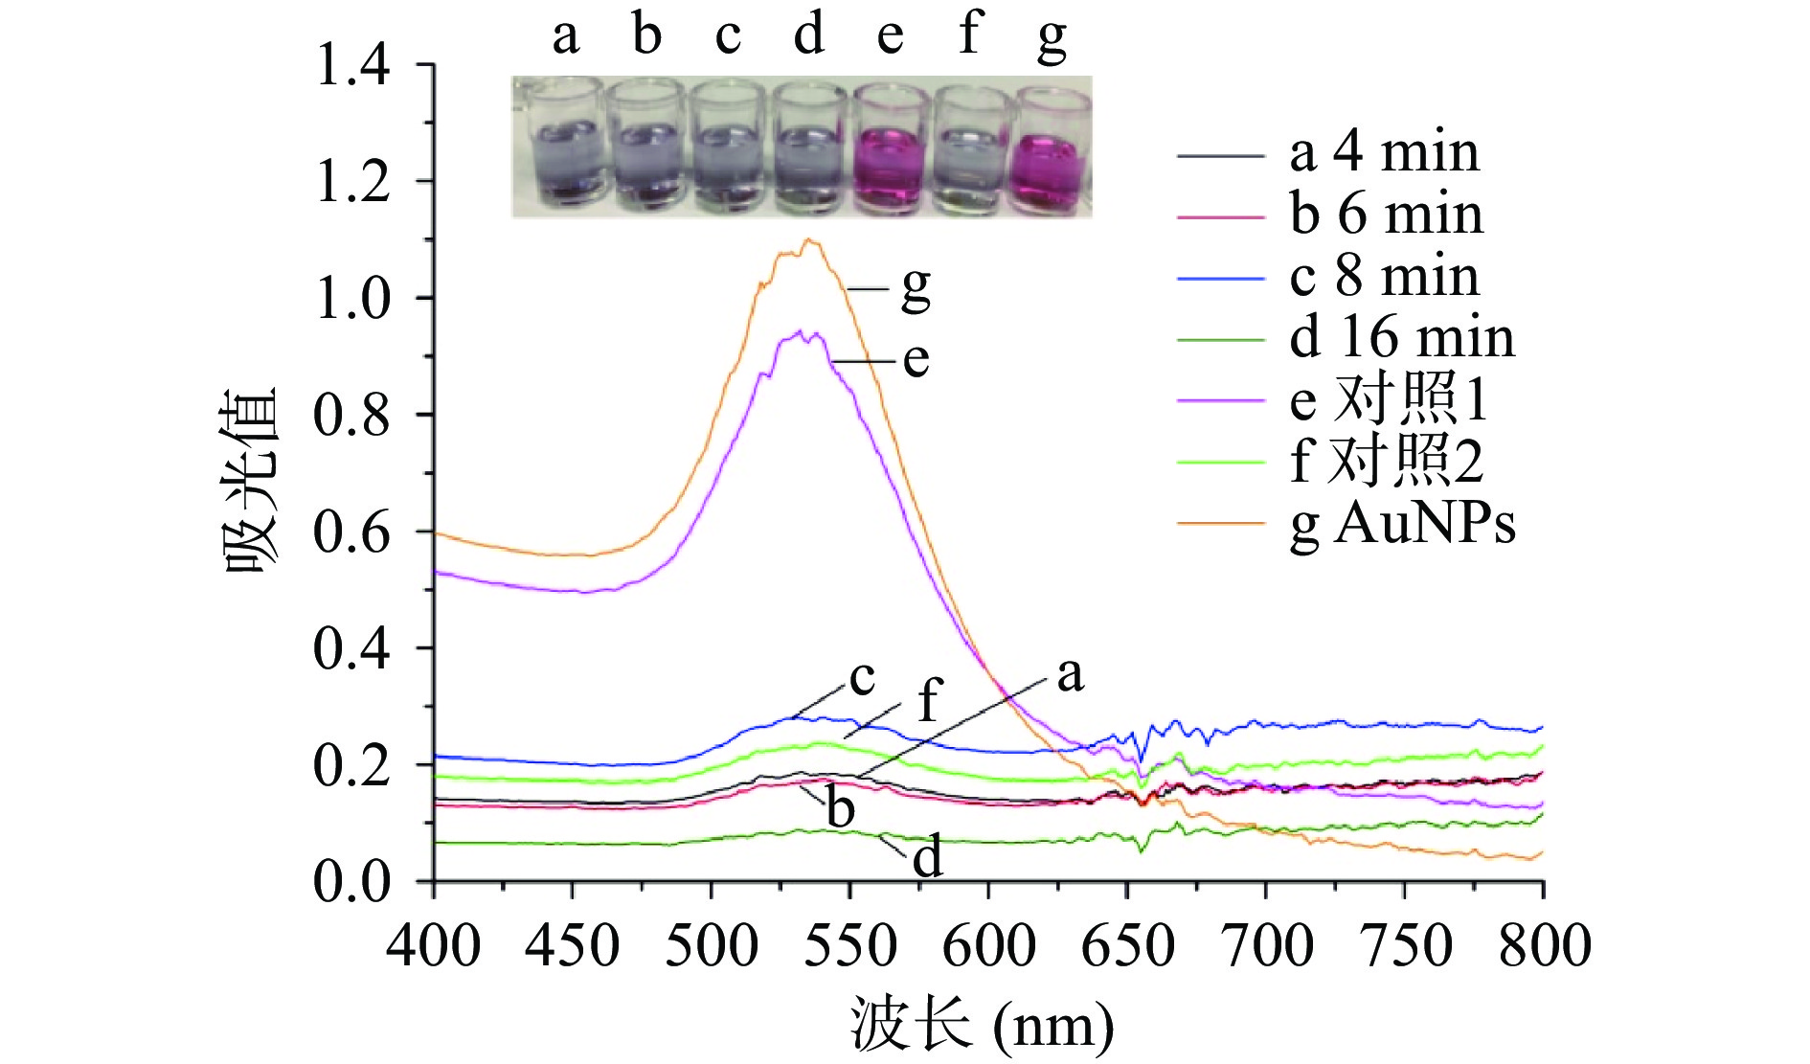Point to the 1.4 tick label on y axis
click(x=352, y=65)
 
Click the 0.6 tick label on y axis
click(x=352, y=532)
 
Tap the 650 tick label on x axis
click(x=1127, y=946)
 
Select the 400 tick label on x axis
click(x=433, y=946)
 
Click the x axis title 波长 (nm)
click(x=983, y=1026)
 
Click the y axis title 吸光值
click(x=251, y=479)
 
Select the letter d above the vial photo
click(x=809, y=35)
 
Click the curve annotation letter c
click(x=862, y=678)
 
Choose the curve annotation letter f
click(x=928, y=701)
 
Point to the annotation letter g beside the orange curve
click(x=916, y=287)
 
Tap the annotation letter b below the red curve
click(x=840, y=808)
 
